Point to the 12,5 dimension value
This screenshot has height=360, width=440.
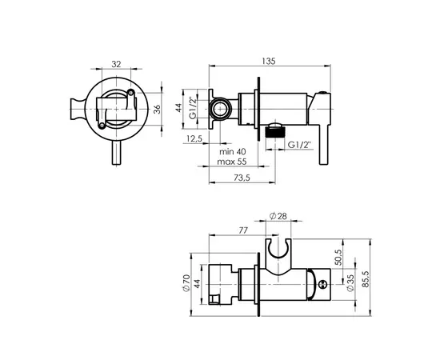(193, 138)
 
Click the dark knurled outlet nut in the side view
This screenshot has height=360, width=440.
(275, 133)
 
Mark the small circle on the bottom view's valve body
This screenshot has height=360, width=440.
(319, 282)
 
